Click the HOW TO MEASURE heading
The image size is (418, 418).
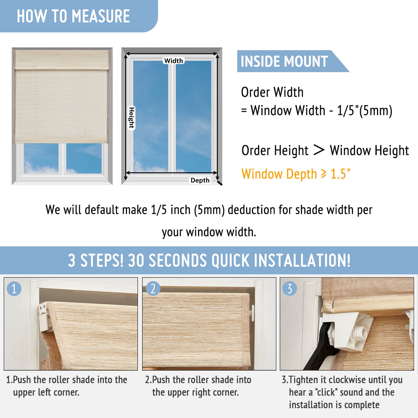tap(73, 16)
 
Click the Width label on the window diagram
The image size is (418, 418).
tap(174, 61)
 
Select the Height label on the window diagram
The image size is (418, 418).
tap(131, 118)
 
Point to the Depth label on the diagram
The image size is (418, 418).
tap(200, 180)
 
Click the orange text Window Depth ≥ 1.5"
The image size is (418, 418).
tap(296, 174)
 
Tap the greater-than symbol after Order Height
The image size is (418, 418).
tap(319, 150)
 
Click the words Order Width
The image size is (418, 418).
tap(272, 92)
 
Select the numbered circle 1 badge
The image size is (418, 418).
tap(14, 289)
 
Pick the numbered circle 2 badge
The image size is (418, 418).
tap(153, 288)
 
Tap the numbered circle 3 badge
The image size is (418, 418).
tap(290, 288)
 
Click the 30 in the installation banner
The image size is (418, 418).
tap(136, 260)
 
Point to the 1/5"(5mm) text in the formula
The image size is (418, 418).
tap(365, 110)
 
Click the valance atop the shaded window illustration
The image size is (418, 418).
tap(62, 60)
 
